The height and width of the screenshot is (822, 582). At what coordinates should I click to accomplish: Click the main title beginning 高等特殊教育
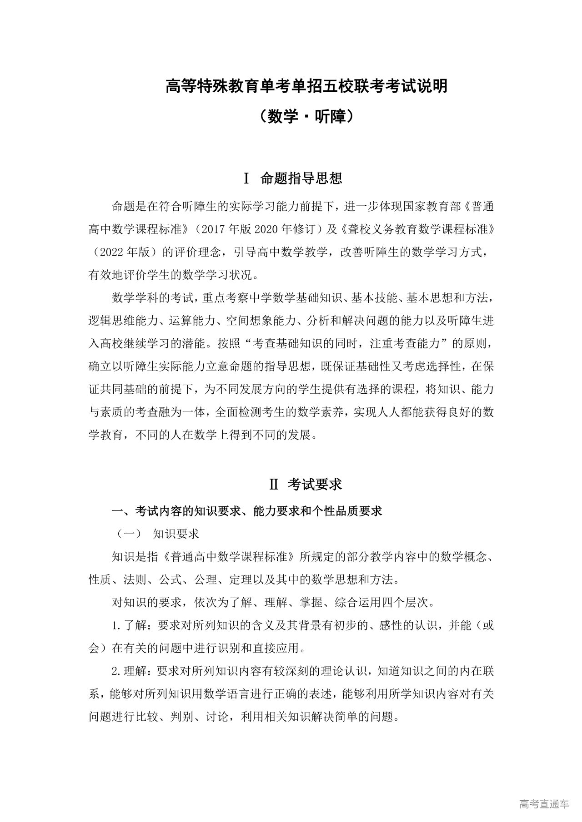pyautogui.click(x=306, y=86)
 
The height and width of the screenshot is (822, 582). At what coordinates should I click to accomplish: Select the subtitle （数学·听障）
pyautogui.click(x=306, y=117)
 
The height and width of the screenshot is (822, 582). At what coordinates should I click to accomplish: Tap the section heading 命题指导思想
pyautogui.click(x=301, y=178)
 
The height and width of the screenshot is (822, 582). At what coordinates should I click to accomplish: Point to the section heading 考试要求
pyautogui.click(x=315, y=485)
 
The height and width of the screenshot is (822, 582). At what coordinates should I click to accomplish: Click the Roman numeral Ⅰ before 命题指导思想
pyautogui.click(x=246, y=178)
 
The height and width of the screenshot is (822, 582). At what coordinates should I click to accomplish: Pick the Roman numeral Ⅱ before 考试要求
pyautogui.click(x=274, y=485)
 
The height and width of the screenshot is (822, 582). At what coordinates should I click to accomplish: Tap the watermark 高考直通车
pyautogui.click(x=544, y=804)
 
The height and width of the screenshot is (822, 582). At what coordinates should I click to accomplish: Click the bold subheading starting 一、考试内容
pyautogui.click(x=246, y=511)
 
